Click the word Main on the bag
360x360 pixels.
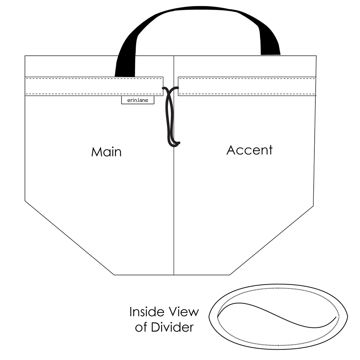pos(106,152)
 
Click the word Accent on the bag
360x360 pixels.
pos(250,150)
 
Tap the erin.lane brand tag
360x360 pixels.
pos(138,100)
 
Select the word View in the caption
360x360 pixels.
pos(184,312)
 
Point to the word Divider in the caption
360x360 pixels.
pos(172,327)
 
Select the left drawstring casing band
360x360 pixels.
pos(94,86)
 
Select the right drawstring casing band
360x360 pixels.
pos(247,86)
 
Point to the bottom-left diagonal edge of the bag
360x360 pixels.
pos(70,238)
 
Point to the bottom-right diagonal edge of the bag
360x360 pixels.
pos(272,240)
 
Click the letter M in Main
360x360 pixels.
pos(96,152)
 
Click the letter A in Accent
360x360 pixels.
pos(232,150)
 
